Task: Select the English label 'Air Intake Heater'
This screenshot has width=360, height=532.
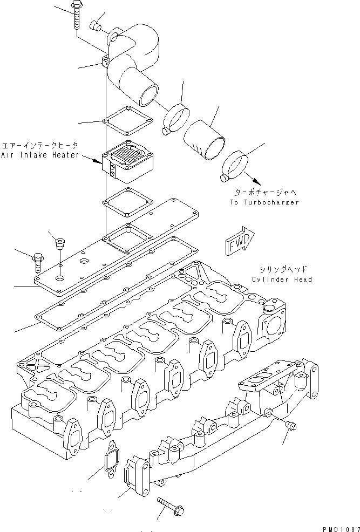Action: pyautogui.click(x=40, y=155)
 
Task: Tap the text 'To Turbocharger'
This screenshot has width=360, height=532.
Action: pyautogui.click(x=264, y=202)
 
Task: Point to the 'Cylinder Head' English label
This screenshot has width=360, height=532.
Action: pyautogui.click(x=282, y=279)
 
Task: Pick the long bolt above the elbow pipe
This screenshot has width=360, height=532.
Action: pyautogui.click(x=75, y=13)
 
